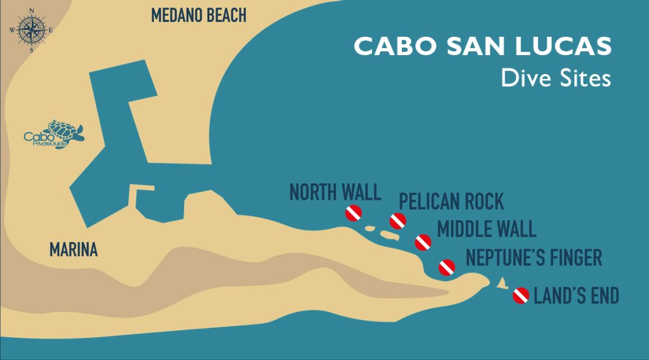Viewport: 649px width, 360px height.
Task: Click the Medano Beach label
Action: point(198,16)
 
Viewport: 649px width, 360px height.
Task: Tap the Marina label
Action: point(74,250)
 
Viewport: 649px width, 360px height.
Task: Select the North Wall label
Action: point(335,192)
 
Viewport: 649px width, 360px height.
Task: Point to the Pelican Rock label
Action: point(451,202)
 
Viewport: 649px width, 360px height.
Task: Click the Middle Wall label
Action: point(486,228)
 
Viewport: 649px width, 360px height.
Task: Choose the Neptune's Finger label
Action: point(534,258)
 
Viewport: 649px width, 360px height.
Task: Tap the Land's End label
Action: point(576,296)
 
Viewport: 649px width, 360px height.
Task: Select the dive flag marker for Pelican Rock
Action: point(397,221)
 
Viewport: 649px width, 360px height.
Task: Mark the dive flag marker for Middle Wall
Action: point(423,242)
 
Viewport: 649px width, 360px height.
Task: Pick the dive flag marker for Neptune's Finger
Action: point(447,267)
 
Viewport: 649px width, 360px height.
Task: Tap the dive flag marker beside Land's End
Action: point(521,295)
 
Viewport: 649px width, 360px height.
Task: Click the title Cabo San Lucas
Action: point(482,46)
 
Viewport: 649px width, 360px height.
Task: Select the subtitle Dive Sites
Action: point(555,78)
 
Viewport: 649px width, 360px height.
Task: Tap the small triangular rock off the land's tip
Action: point(501,283)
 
